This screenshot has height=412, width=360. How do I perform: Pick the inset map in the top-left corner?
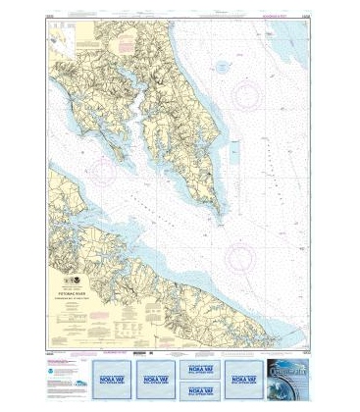(x=61, y=41)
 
